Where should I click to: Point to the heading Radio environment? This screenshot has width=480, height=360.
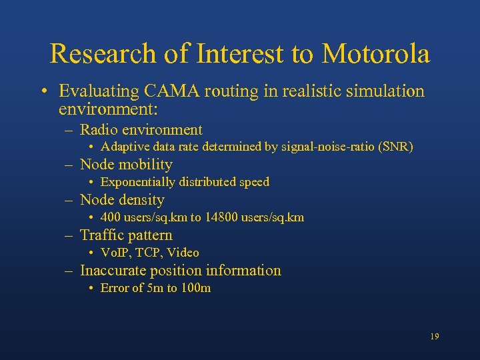pos(141,129)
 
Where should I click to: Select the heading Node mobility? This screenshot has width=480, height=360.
pos(126,165)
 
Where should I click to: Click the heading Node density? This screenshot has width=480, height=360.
pos(122,199)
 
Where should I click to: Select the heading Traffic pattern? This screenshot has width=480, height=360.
pos(126,235)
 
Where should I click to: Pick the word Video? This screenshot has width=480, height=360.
pos(183,253)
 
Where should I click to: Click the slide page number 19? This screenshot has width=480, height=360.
pos(435,337)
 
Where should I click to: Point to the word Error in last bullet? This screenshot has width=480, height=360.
pos(113,288)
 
